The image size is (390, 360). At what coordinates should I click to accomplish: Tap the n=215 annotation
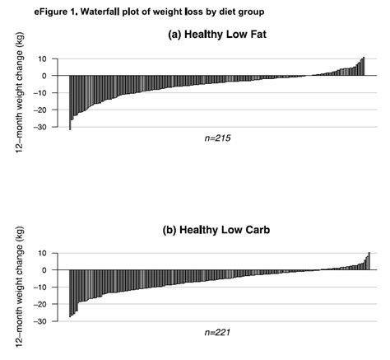[216, 138]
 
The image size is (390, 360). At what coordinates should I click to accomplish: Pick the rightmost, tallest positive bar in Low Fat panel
[364, 67]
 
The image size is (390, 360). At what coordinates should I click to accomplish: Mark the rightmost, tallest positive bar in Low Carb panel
[369, 261]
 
